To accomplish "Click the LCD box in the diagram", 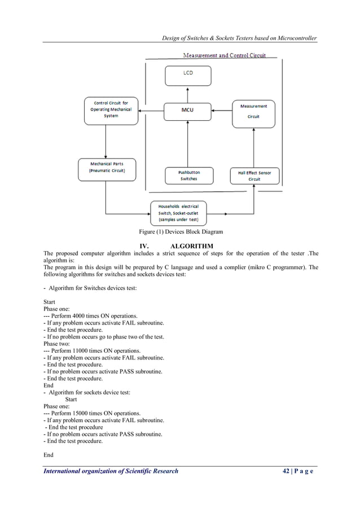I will [187, 75].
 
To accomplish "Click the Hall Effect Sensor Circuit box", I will [254, 175].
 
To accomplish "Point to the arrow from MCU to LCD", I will [187, 93].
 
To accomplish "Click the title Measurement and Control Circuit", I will [224, 55].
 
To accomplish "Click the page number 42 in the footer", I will [287, 471].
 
